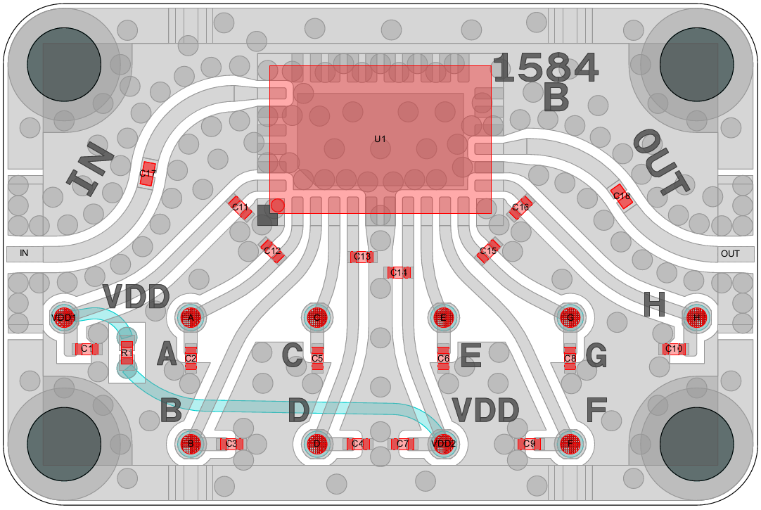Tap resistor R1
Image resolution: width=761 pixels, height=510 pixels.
127,353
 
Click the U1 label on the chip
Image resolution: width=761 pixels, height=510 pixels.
380,139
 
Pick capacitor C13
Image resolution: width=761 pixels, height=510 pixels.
362,257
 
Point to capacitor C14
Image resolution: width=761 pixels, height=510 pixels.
398,272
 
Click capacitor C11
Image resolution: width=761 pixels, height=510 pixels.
241,208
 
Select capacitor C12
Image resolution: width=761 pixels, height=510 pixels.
272,251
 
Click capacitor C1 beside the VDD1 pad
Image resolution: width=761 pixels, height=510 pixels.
87,349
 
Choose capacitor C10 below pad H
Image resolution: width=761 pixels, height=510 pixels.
673,349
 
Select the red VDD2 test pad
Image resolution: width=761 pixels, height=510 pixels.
443,444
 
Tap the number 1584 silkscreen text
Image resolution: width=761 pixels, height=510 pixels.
545,68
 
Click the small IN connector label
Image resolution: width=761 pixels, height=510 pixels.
24,253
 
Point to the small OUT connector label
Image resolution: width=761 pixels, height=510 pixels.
730,253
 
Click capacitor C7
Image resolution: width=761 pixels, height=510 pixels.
402,444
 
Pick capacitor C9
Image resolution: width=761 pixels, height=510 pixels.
529,444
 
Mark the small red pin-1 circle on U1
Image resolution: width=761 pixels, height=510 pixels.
278,205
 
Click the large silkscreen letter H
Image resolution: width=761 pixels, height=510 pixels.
654,305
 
